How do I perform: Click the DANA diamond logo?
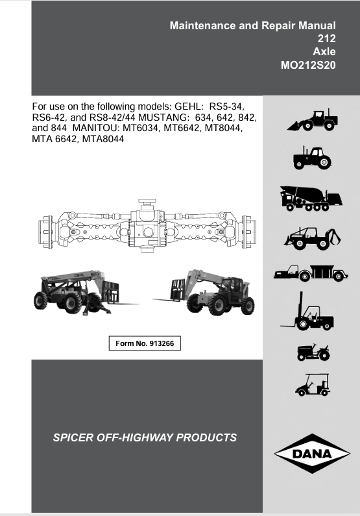(x=311, y=454)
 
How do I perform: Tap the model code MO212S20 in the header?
(x=308, y=65)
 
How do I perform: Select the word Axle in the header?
(x=324, y=52)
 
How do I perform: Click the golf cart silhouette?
(x=313, y=384)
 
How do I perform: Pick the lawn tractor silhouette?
(x=313, y=352)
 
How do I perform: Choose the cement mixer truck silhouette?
(x=311, y=198)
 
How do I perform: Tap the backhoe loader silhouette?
(x=313, y=238)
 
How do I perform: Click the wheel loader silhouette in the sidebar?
(x=313, y=120)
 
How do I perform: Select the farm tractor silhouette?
(x=312, y=158)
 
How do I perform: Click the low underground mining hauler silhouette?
(x=311, y=273)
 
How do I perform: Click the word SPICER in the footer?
(x=73, y=437)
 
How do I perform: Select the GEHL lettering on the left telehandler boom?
(x=79, y=275)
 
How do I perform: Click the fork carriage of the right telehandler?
(x=178, y=289)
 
